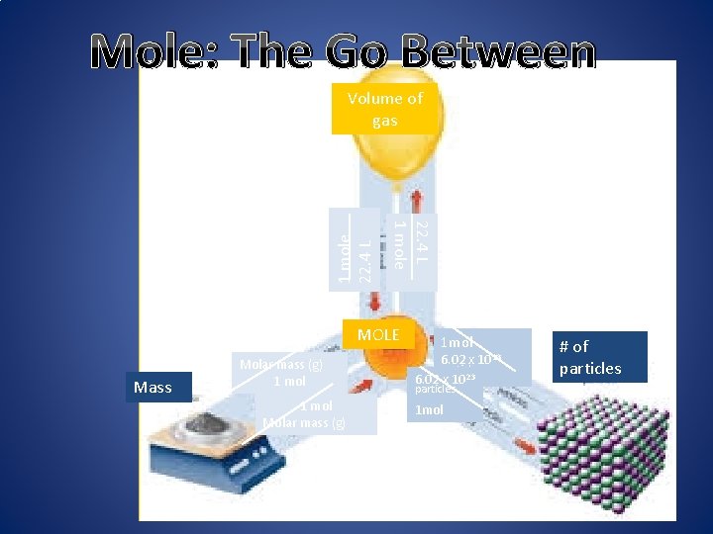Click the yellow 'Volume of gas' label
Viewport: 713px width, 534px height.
(384, 110)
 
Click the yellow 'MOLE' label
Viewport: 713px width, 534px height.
(377, 335)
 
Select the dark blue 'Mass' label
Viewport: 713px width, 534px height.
(153, 387)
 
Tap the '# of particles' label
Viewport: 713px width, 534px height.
(589, 358)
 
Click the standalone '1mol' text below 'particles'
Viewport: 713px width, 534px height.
(430, 409)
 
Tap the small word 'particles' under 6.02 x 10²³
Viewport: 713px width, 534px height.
(435, 390)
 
